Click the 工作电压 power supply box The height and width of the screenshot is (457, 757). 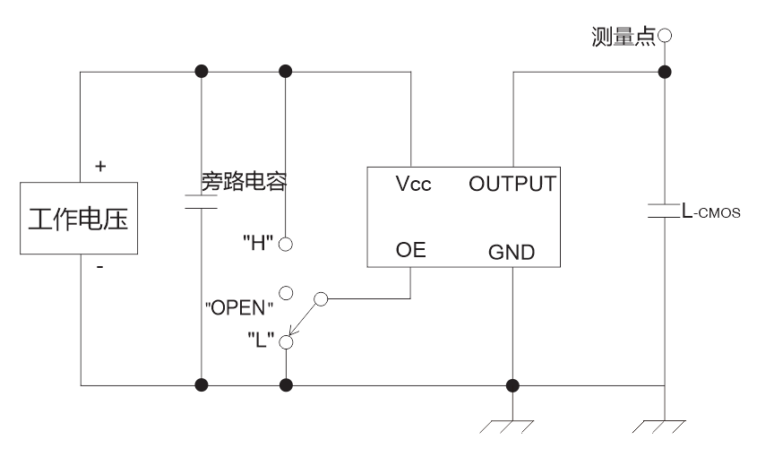click(x=79, y=220)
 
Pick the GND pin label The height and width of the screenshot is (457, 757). click(x=512, y=253)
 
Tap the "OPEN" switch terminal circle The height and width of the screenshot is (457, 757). click(x=286, y=293)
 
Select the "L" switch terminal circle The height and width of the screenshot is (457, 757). click(x=286, y=341)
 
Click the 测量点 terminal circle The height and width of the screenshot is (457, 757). click(x=664, y=37)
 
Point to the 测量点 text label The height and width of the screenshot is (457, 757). click(x=624, y=37)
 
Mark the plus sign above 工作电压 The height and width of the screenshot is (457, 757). click(x=99, y=166)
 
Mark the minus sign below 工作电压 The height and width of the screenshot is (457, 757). click(x=99, y=266)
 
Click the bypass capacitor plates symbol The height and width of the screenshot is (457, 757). click(x=200, y=202)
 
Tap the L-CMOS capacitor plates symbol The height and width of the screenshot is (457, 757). click(x=664, y=213)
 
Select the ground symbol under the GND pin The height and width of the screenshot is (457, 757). click(x=512, y=426)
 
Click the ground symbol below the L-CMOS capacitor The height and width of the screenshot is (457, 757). click(x=664, y=426)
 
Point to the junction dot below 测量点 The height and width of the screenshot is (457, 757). click(x=664, y=72)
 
